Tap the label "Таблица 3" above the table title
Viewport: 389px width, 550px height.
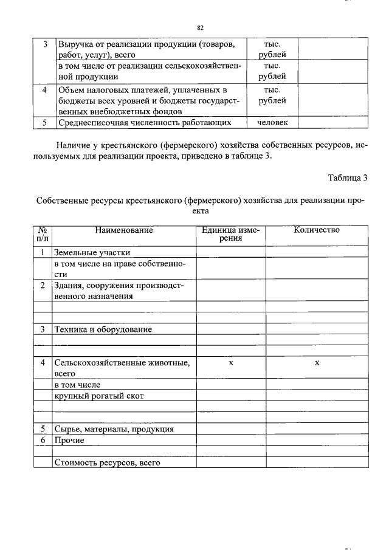[348, 178]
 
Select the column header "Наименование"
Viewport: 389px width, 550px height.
[123, 230]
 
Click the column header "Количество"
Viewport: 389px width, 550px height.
[316, 230]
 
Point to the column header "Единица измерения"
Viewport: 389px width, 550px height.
[230, 234]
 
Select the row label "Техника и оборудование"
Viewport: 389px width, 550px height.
[103, 329]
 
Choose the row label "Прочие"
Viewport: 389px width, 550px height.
[69, 440]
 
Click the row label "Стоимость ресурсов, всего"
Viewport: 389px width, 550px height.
[106, 462]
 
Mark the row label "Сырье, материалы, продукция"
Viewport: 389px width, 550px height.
[114, 429]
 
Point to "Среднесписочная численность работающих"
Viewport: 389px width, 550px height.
[145, 122]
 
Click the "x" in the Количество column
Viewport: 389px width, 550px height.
[317, 363]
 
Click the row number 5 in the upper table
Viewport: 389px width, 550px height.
[44, 122]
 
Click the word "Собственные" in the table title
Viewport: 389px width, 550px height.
[63, 200]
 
